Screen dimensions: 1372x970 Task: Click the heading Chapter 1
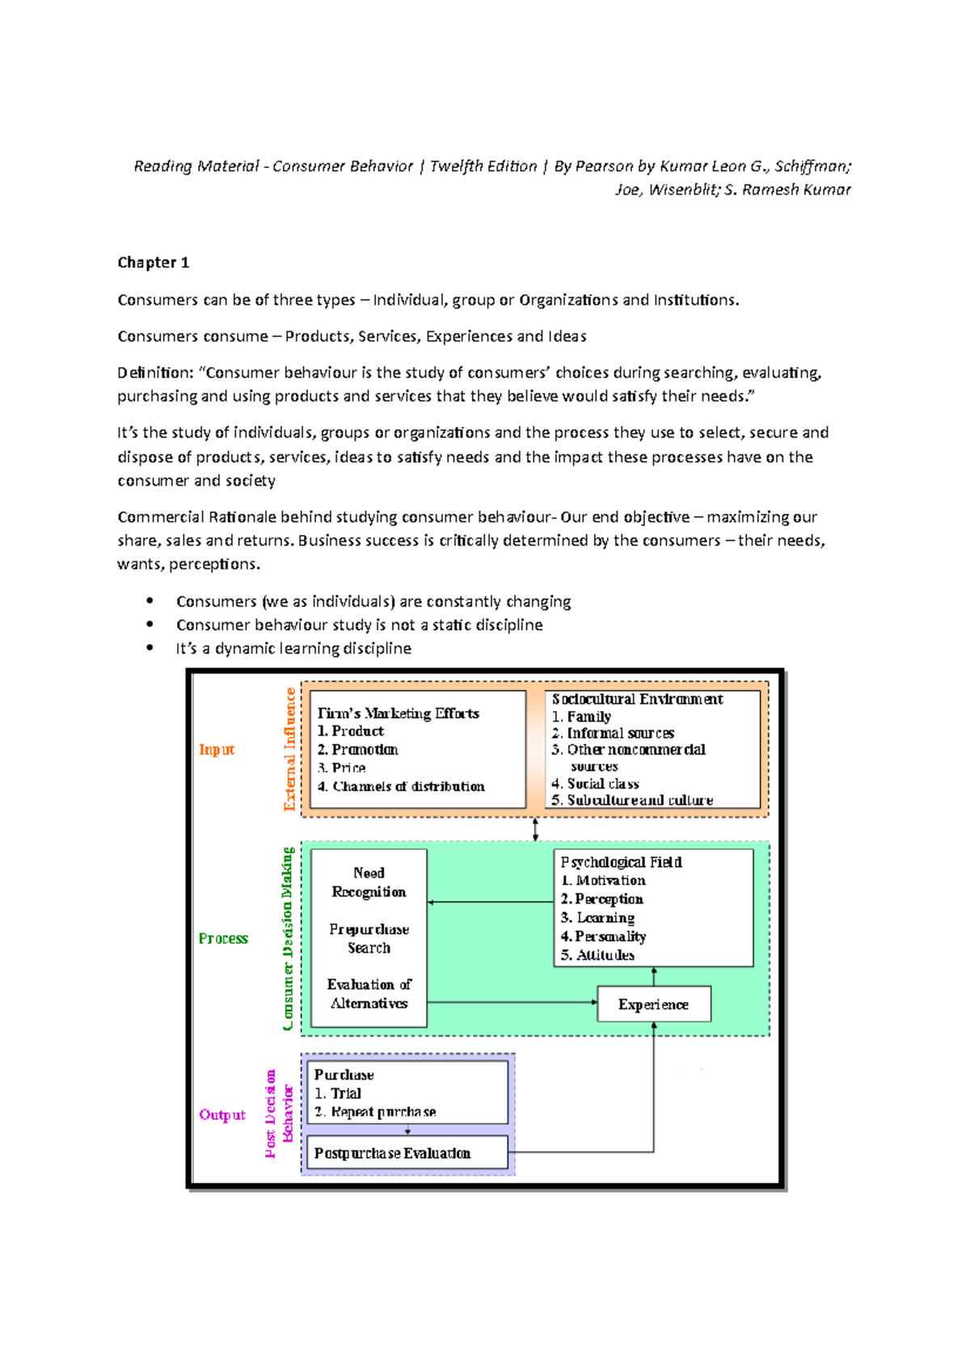pos(153,263)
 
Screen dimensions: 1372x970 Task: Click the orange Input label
pos(217,750)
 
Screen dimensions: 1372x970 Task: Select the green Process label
pos(223,939)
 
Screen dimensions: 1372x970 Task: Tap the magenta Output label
pos(222,1115)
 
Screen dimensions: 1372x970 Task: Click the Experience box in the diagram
pos(654,1004)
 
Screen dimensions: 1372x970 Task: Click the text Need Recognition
pos(369,882)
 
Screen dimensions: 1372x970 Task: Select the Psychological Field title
pos(621,862)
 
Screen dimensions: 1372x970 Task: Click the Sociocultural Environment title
pos(637,699)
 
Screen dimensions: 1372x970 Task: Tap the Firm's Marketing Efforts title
pos(398,713)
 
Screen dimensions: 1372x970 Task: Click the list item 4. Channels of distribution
pos(401,786)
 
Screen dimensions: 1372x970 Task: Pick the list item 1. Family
pos(581,717)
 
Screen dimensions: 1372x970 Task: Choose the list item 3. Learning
pos(597,918)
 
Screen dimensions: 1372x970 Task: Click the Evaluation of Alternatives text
pos(369,994)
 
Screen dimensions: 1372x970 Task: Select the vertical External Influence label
pos(289,749)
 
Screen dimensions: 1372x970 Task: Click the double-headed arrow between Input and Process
pos(535,829)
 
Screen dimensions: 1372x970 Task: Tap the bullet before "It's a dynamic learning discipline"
pos(150,648)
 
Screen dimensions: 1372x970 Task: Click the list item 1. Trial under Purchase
pos(338,1093)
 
